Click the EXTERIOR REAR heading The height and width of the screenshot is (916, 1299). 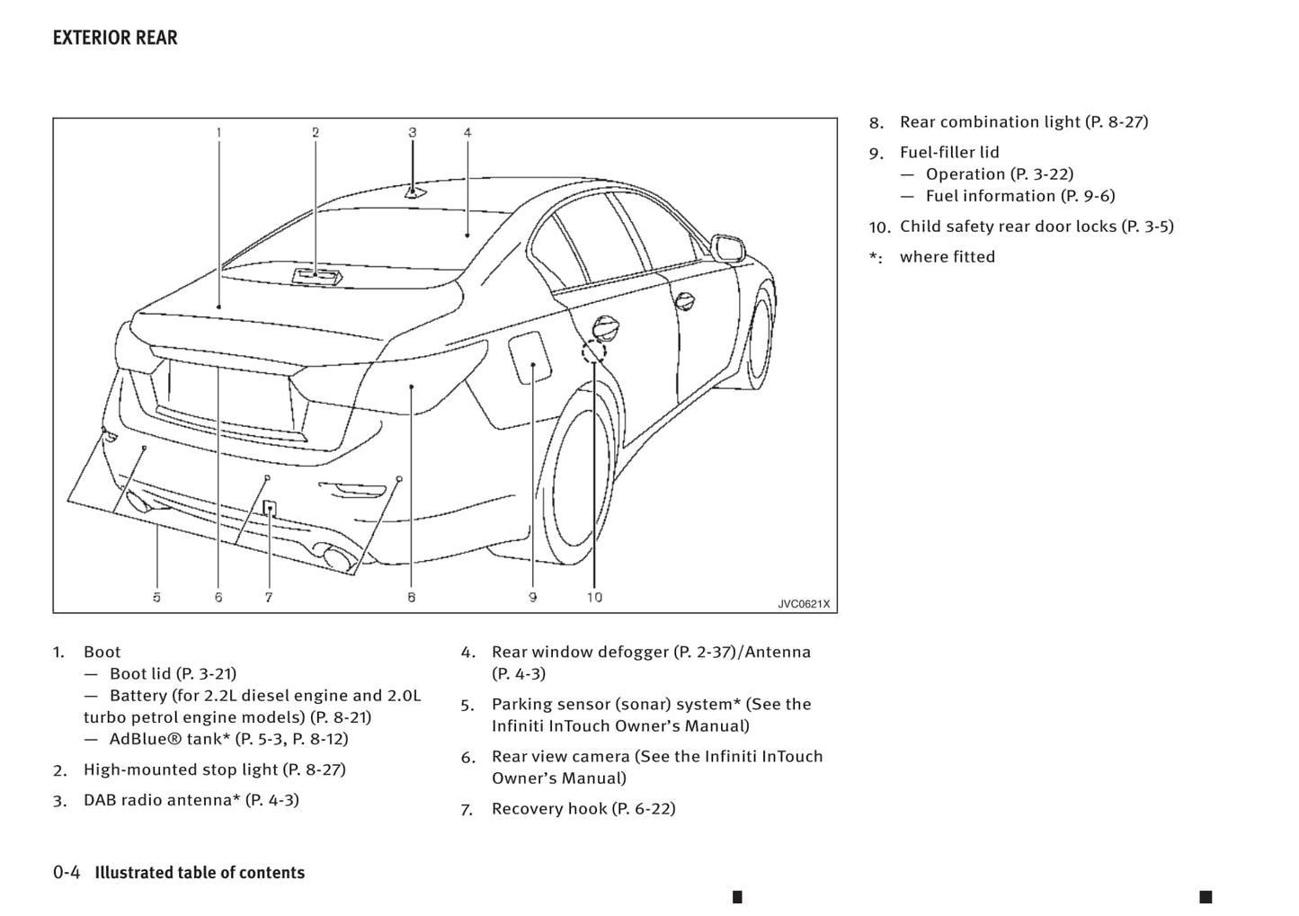pos(115,38)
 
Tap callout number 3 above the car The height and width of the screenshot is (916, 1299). pos(413,132)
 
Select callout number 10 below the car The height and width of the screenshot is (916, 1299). pos(594,597)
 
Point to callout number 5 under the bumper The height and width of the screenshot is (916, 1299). pos(156,597)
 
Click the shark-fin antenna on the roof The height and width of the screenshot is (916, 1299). pos(414,191)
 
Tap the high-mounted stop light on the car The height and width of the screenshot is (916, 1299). pos(316,276)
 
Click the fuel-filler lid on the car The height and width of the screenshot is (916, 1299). pos(530,357)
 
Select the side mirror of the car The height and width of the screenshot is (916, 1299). pos(727,245)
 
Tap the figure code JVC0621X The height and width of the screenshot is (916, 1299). pos(803,604)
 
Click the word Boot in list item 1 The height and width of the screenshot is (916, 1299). pos(102,652)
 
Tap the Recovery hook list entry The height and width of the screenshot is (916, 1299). pos(583,809)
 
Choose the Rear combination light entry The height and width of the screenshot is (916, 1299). pos(1023,122)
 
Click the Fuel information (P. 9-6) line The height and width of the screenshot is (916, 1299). pos(1019,196)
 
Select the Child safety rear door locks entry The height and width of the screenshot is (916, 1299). pos(1036,227)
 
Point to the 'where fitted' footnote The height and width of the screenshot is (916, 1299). pos(947,257)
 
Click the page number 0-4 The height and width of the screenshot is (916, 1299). pos(67,873)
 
